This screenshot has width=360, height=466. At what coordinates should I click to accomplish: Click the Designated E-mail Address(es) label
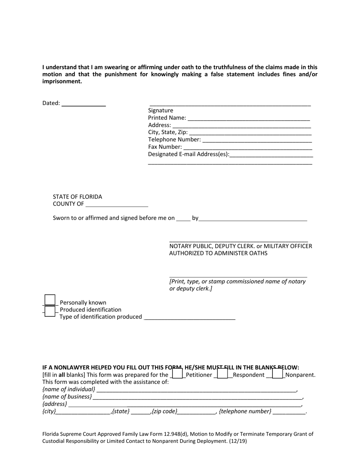coord(188,154)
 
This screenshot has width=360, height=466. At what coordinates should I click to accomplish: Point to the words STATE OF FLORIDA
coord(77,197)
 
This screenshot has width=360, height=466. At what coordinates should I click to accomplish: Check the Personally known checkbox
coord(50,300)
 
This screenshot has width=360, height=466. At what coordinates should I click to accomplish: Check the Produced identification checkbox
coord(50,311)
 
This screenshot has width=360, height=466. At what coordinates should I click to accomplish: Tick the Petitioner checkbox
coord(177,374)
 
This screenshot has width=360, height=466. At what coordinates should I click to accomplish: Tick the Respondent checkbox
coord(222,374)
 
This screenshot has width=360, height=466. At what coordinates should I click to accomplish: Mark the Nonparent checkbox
coord(277,374)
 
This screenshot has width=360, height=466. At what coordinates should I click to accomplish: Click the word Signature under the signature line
coord(161,111)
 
